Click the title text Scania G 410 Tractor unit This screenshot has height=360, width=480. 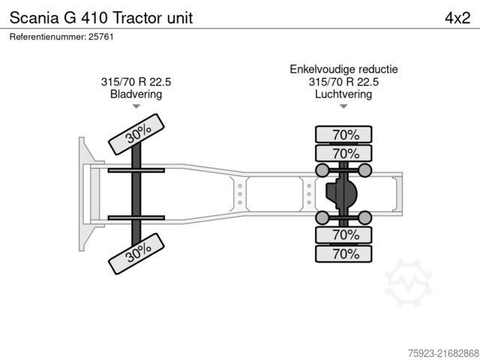(100, 18)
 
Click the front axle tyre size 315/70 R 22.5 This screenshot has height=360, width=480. (136, 82)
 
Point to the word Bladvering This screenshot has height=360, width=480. (136, 94)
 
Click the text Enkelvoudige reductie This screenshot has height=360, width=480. (344, 70)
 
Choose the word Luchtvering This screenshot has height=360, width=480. (344, 94)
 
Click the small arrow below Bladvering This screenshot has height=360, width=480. (136, 106)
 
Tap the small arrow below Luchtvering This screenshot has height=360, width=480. (344, 106)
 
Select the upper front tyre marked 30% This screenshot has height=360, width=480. (136, 133)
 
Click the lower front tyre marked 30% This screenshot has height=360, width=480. (136, 254)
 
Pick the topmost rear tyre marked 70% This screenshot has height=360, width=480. (344, 136)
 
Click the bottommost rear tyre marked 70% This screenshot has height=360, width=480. (344, 254)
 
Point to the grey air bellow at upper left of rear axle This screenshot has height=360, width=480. (322, 171)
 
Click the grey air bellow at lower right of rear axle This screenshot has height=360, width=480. (366, 218)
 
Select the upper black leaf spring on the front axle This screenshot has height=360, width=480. (136, 171)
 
